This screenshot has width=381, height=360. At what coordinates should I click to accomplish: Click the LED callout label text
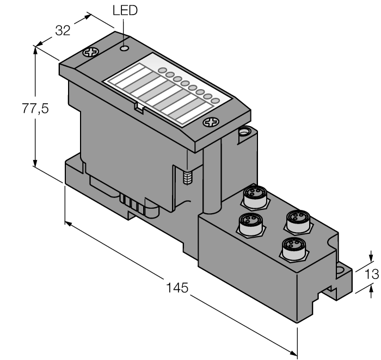(x=125, y=10)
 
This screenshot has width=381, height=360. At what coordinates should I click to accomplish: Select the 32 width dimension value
(x=63, y=31)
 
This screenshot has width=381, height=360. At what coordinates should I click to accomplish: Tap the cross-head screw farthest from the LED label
(x=209, y=122)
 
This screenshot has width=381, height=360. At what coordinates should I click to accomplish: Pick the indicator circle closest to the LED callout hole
(x=162, y=71)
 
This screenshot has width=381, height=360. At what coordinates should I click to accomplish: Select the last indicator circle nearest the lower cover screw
(x=215, y=101)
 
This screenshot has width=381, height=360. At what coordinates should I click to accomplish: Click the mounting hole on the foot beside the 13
(x=342, y=270)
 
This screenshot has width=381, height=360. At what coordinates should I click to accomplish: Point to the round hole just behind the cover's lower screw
(x=244, y=131)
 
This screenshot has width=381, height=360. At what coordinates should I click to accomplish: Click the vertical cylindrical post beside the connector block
(x=212, y=179)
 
